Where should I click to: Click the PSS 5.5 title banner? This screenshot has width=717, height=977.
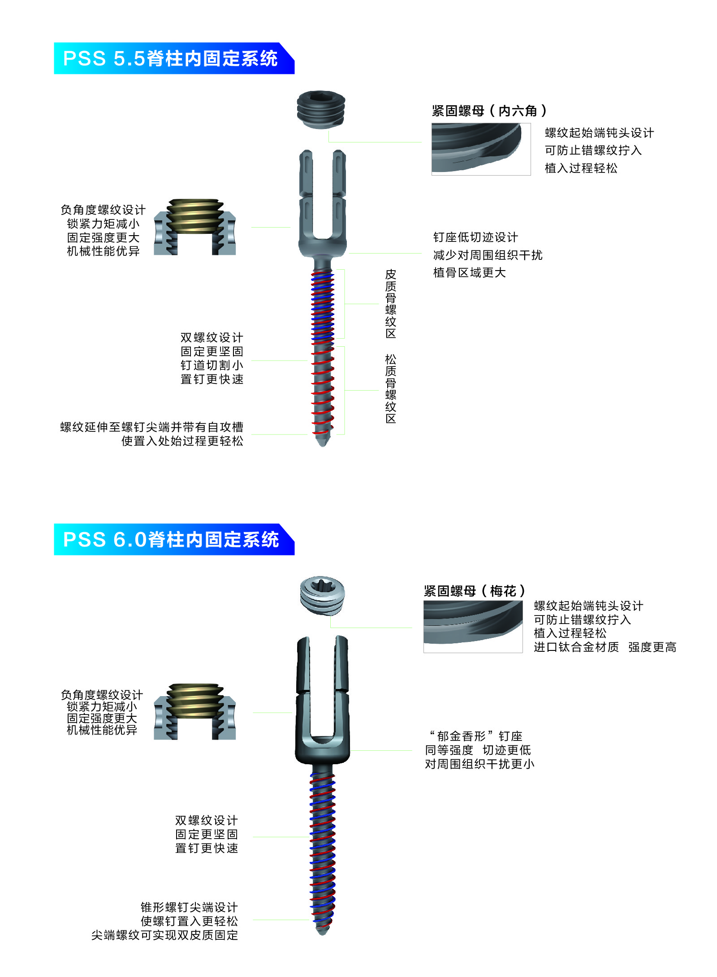[x=174, y=58]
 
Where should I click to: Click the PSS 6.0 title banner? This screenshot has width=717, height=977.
[x=174, y=539]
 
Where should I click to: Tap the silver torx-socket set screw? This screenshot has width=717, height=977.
[x=322, y=595]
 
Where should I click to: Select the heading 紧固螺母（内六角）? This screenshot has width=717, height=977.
[x=489, y=111]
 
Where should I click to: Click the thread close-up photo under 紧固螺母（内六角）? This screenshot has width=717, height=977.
[x=481, y=149]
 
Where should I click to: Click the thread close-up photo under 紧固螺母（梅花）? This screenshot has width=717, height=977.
[x=473, y=627]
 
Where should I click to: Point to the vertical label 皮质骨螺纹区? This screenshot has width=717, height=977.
[x=391, y=304]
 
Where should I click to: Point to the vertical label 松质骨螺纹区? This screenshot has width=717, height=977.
[x=391, y=388]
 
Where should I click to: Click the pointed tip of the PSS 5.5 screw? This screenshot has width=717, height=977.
[x=323, y=446]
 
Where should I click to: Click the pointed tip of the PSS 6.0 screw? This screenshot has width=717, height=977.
[x=322, y=934]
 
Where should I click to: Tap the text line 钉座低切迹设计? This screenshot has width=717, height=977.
[x=475, y=237]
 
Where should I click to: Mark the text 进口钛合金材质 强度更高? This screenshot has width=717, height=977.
[x=605, y=647]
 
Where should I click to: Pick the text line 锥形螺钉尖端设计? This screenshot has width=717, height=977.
[x=189, y=907]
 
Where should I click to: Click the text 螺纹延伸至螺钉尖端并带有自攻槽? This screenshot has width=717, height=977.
[x=152, y=427]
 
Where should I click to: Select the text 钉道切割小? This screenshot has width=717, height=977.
[x=212, y=365]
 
